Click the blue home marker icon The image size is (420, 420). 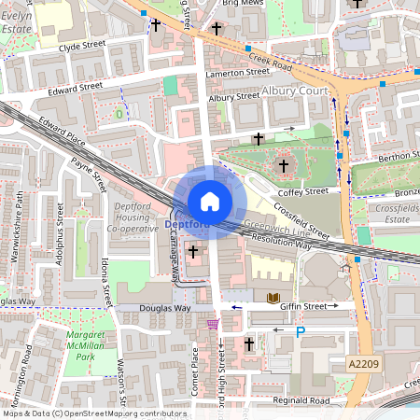click(x=210, y=201)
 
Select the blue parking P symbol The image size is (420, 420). click(x=300, y=330)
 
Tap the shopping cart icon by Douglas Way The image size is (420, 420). click(x=214, y=324)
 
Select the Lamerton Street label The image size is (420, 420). click(x=238, y=73)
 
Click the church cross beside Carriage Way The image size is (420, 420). click(x=194, y=252)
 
